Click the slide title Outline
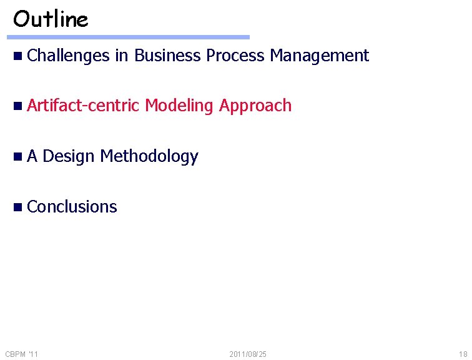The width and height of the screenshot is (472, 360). tap(51, 19)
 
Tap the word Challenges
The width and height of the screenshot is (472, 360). tap(68, 56)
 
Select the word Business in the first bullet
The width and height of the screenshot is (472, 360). tap(167, 56)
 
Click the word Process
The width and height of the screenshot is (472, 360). tap(235, 56)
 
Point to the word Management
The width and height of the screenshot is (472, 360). tap(319, 56)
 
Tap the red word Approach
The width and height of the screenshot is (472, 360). tap(255, 106)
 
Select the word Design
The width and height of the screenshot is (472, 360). tap(68, 156)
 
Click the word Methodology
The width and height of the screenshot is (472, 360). tap(149, 156)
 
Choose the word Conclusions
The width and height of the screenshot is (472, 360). tap(72, 206)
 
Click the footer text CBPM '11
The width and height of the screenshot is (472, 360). tap(22, 354)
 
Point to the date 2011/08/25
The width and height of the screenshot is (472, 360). tap(248, 354)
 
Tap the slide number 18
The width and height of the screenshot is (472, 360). tap(462, 354)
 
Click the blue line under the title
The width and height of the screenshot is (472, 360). tap(130, 37)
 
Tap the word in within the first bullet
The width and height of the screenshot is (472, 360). tap(121, 56)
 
